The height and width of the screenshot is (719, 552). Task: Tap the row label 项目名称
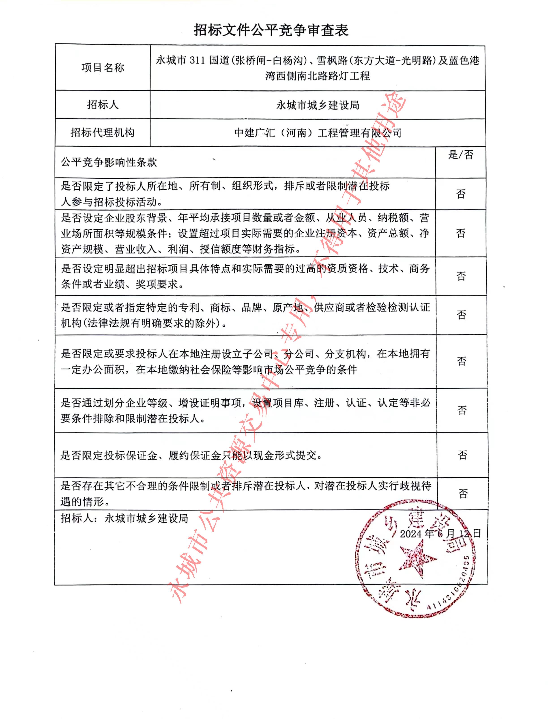[103, 68]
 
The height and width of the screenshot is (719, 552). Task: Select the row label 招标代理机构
[103, 132]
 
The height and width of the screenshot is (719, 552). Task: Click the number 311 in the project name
[197, 61]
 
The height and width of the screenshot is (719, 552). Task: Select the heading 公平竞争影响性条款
[109, 162]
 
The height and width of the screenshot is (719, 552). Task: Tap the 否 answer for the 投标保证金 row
[462, 455]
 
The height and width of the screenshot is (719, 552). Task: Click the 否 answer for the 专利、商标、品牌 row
[461, 315]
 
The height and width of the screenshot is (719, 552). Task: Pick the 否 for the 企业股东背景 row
[461, 233]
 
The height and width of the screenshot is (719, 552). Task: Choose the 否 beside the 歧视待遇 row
[463, 494]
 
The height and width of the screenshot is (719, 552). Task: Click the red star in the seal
[417, 560]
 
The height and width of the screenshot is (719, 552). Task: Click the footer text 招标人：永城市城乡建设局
[124, 518]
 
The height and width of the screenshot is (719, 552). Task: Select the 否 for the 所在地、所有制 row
[461, 194]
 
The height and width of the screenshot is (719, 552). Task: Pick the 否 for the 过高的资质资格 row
[461, 276]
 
